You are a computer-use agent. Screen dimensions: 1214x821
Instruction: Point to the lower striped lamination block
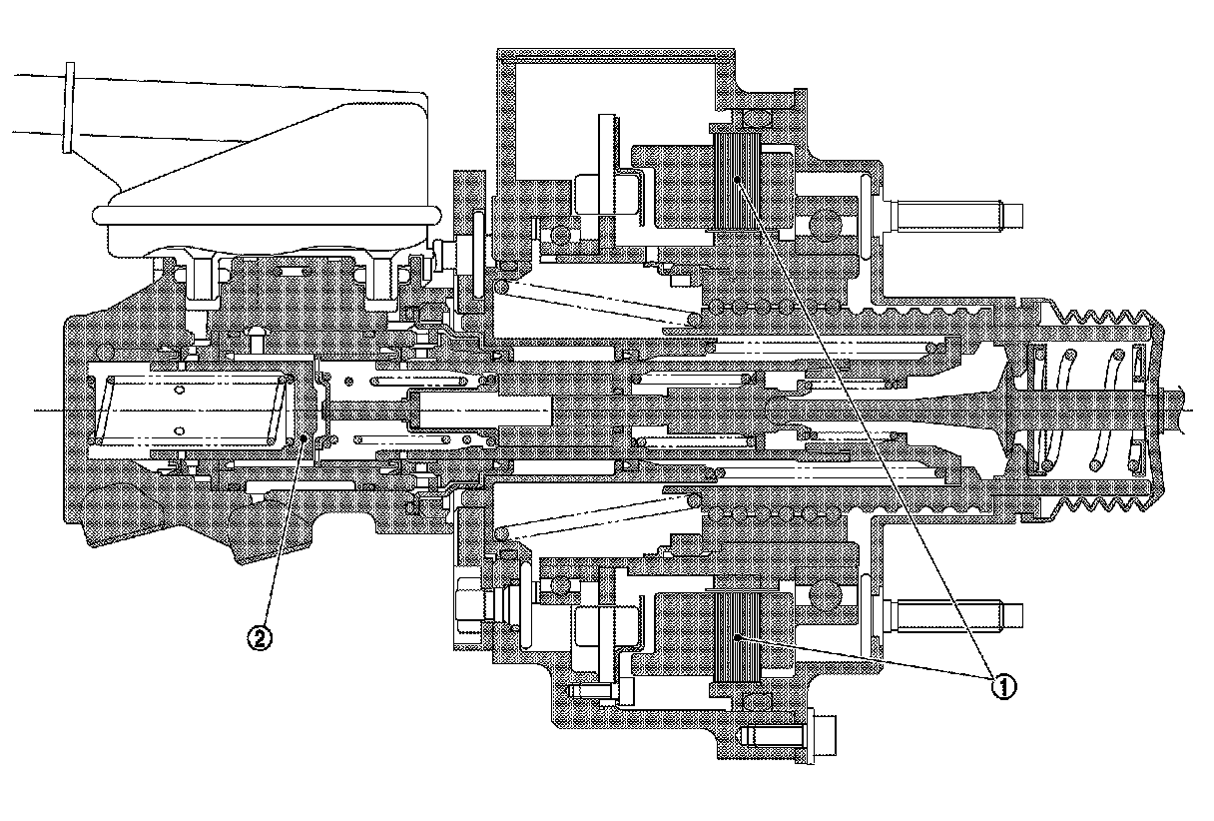coord(736,637)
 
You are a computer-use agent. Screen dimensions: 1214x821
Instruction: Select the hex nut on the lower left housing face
coord(467,604)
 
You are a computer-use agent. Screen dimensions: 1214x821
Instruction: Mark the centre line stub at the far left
coord(45,410)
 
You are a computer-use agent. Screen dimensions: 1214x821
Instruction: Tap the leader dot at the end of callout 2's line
coord(303,439)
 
